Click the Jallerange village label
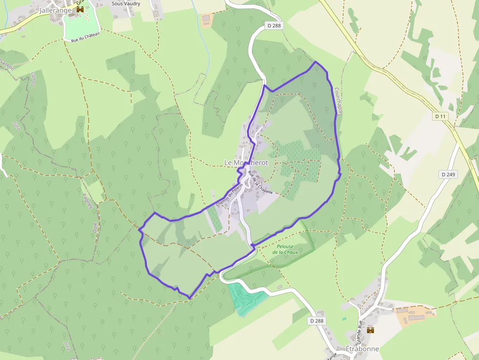(55, 10)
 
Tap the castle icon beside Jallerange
(80, 9)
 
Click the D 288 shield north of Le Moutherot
(275, 25)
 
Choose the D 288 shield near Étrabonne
(317, 320)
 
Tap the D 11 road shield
(440, 116)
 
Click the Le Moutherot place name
(246, 162)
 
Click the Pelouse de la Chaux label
(285, 249)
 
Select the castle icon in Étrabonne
(370, 330)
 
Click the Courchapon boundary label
(336, 101)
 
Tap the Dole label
(95, 228)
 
